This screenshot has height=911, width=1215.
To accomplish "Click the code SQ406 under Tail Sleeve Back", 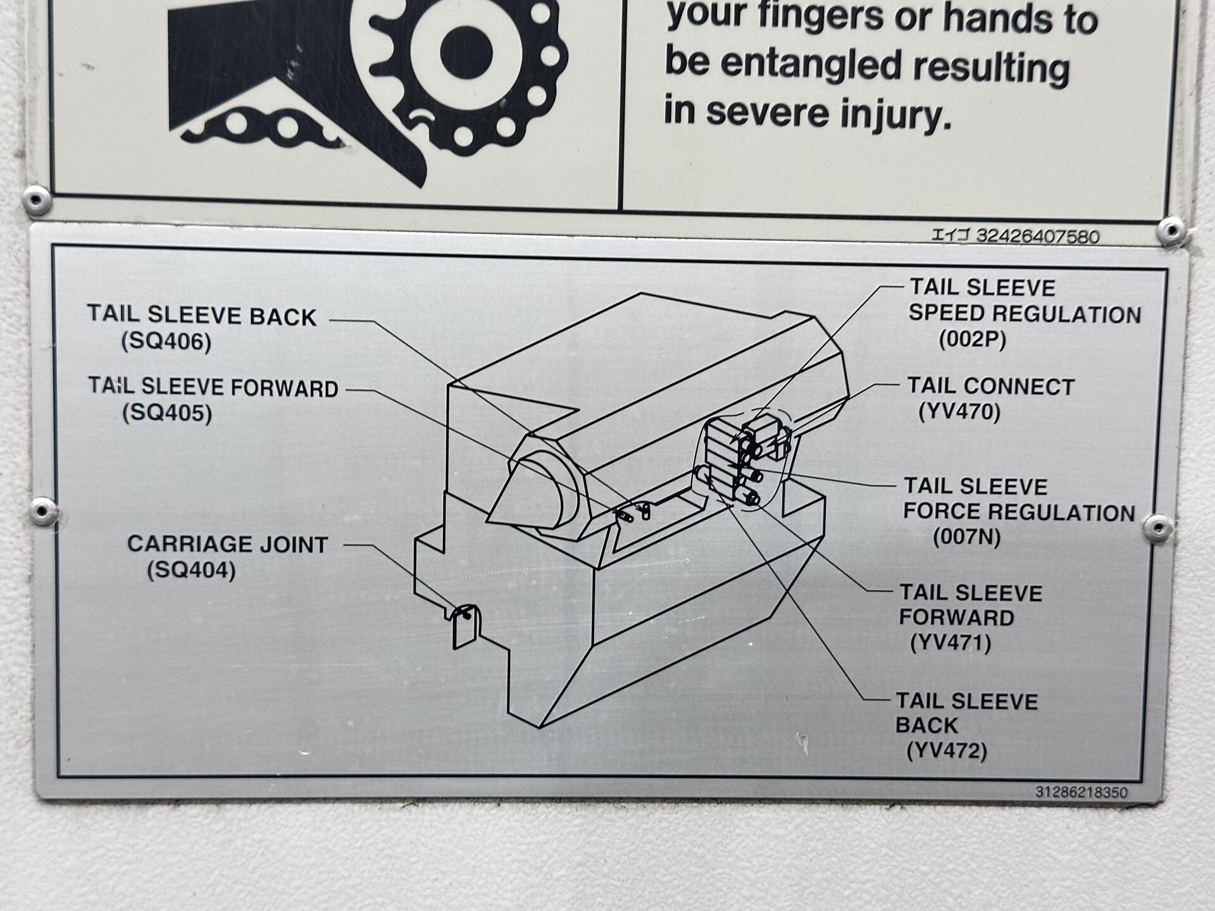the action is point(166,342).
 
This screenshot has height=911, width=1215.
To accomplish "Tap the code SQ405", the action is point(167,413).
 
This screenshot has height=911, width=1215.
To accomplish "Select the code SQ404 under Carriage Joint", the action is point(191,571).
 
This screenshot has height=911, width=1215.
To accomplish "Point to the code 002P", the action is point(972,340).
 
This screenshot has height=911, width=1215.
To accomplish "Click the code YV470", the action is point(959,412).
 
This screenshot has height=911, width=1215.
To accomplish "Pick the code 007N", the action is point(967,538).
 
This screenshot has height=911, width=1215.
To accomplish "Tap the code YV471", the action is point(950,643).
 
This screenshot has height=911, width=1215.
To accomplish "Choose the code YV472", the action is point(947,752).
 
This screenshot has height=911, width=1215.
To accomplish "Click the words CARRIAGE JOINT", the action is point(228,545).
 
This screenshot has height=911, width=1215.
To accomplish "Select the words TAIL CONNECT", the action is point(991,387).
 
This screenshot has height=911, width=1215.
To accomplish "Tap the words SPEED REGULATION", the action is point(1025,314).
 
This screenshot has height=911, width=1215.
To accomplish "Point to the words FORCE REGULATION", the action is point(1019,512).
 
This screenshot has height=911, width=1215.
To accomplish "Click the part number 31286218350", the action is point(1081,792).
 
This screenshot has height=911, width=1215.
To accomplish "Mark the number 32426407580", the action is point(1038,236).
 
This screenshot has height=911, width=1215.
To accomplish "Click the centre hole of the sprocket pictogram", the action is point(466,53).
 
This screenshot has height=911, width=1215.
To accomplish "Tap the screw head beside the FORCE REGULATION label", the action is point(1159,528).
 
